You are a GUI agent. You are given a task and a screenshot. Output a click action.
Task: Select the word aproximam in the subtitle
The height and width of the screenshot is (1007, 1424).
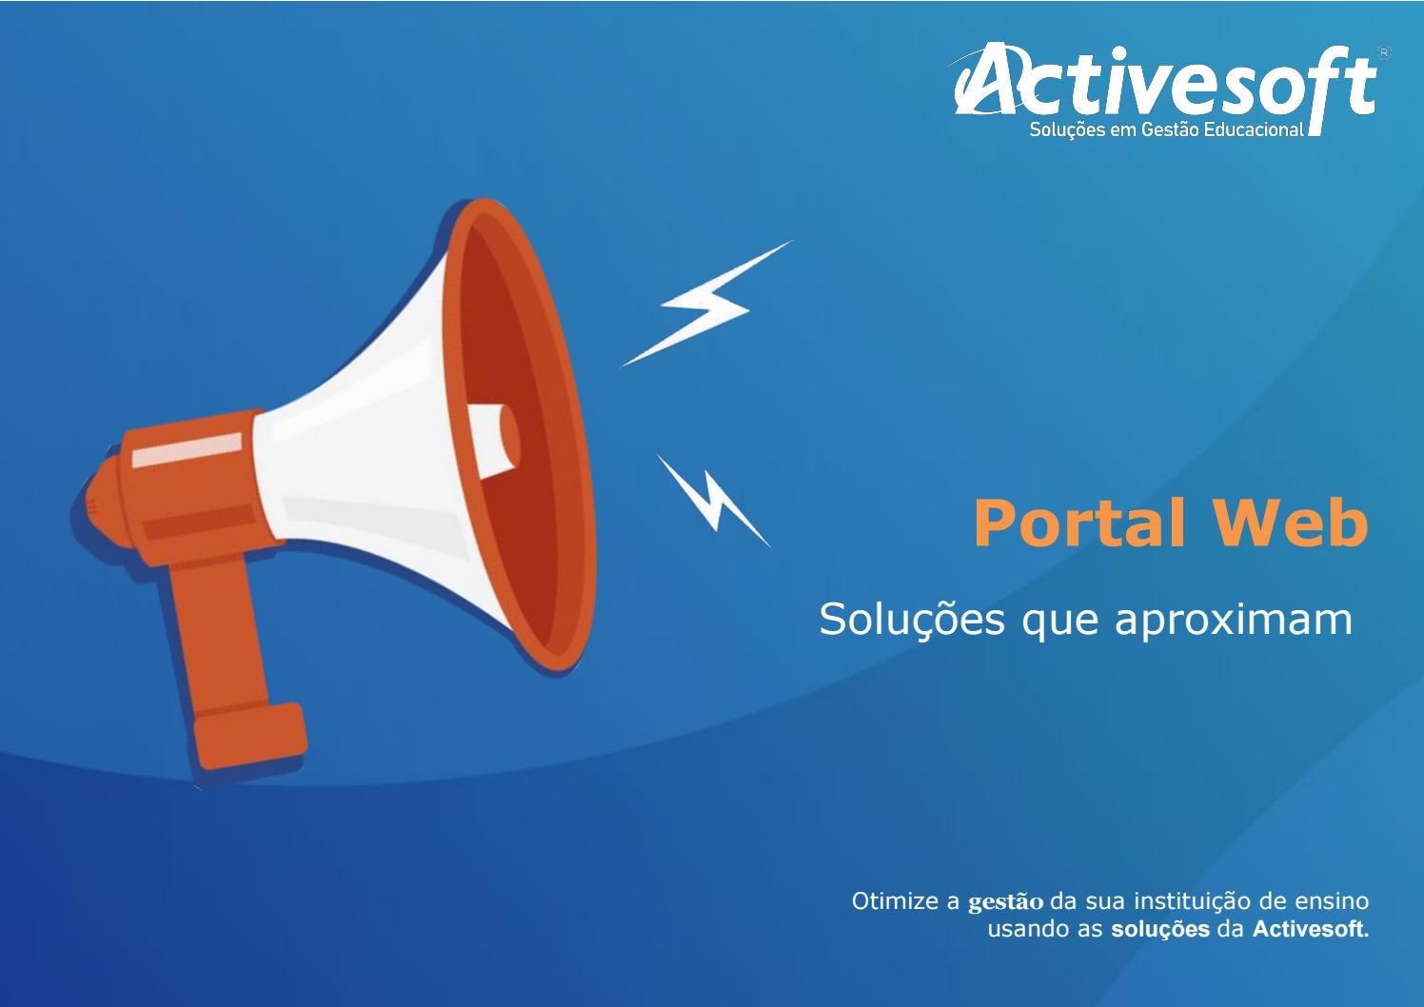1234,620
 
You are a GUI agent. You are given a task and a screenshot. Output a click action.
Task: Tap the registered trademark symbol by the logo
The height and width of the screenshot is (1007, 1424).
1384,53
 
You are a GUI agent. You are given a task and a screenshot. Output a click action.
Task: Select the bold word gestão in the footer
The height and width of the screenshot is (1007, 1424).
1005,902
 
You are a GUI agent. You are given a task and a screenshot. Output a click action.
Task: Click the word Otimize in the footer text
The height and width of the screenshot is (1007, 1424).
895,900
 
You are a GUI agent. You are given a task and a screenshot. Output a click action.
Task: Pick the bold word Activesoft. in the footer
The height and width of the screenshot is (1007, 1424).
1311,929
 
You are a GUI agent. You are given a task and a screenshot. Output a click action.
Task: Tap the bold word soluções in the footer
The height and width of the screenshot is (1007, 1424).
1160,929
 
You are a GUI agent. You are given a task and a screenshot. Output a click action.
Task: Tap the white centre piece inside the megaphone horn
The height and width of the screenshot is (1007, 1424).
495,438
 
